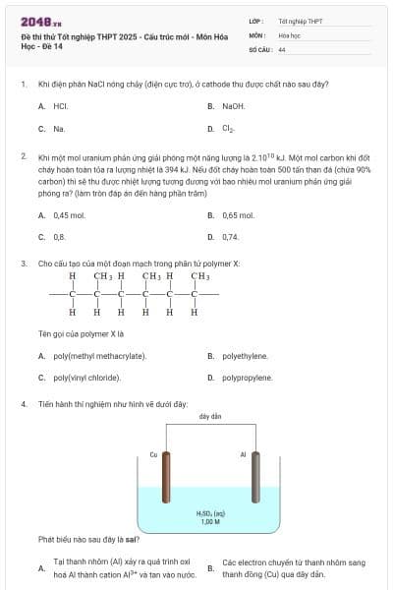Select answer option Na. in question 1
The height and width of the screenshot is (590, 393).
59,129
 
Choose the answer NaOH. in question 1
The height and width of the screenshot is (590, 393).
233,105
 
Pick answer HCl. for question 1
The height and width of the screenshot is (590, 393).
60,105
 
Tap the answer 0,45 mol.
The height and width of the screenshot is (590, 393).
69,215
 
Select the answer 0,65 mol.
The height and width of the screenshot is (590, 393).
238,215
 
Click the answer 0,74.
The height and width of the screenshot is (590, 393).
230,237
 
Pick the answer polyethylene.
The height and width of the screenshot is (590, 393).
245,356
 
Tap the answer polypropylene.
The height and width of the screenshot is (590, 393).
247,378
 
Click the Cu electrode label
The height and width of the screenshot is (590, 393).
153,454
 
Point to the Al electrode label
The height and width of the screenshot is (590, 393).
243,454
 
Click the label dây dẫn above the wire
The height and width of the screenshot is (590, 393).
209,417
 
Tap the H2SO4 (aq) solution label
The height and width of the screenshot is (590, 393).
210,512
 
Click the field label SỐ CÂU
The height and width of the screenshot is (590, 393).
260,48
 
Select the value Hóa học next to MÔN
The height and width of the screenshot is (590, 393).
289,34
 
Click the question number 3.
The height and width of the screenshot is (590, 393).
23,264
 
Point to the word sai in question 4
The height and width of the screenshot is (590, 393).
132,539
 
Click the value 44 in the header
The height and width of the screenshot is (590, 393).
282,48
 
